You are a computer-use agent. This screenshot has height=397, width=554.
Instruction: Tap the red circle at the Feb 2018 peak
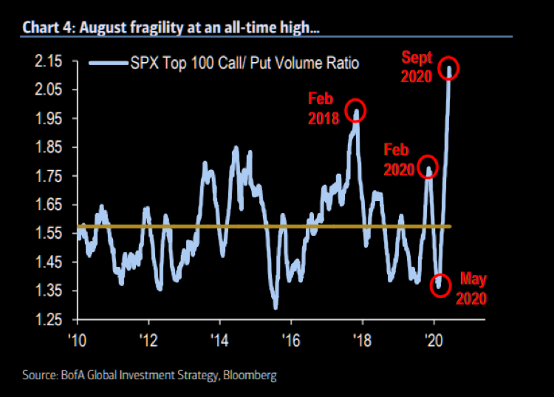point(355,109)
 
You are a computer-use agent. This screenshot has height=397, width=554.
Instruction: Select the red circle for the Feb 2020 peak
point(427,167)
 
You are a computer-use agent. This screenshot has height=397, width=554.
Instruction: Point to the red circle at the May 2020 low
point(441,283)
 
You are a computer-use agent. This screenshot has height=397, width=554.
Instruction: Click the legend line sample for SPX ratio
point(106,64)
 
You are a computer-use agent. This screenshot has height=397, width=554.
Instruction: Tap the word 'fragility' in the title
point(138,28)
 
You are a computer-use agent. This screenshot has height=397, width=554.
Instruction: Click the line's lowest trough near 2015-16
point(276,305)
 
